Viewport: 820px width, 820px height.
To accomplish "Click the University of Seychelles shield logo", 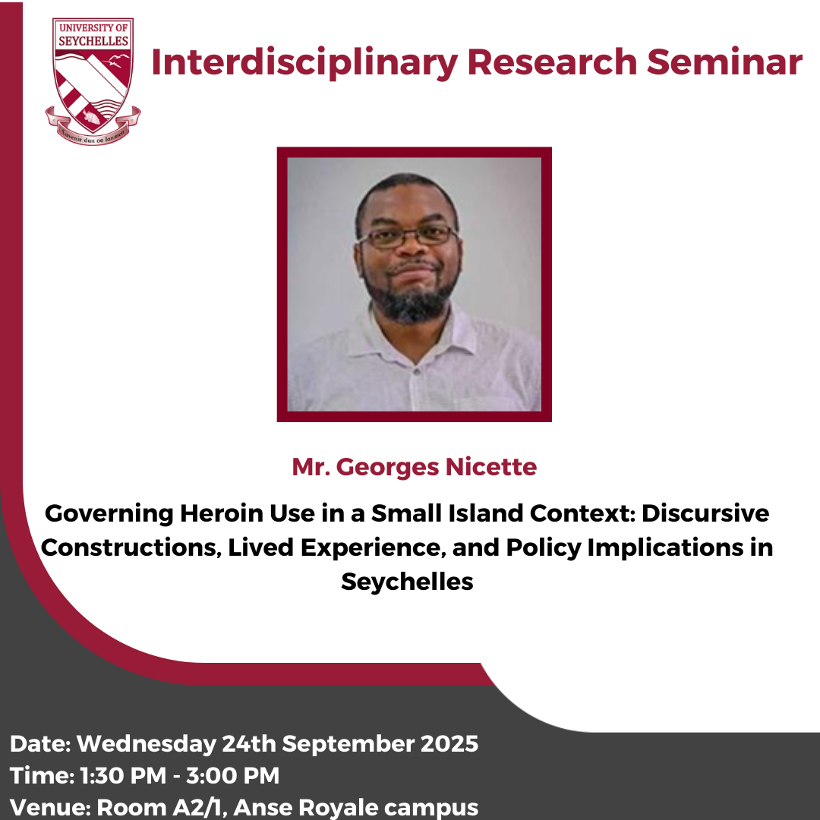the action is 93,81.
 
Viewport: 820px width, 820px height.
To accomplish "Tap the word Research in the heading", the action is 552,61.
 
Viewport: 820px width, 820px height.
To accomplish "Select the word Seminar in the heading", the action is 724,61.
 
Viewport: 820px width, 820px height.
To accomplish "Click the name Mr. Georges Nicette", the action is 415,466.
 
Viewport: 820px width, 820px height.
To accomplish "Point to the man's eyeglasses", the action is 408,236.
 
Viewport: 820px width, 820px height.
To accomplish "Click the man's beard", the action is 411,295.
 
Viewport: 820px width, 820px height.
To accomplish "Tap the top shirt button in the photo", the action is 416,371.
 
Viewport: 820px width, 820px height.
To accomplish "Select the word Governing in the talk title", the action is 109,514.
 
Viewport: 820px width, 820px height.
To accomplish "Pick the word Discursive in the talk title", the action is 705,513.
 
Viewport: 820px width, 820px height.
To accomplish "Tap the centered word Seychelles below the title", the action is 408,582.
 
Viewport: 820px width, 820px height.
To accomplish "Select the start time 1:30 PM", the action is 123,775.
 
